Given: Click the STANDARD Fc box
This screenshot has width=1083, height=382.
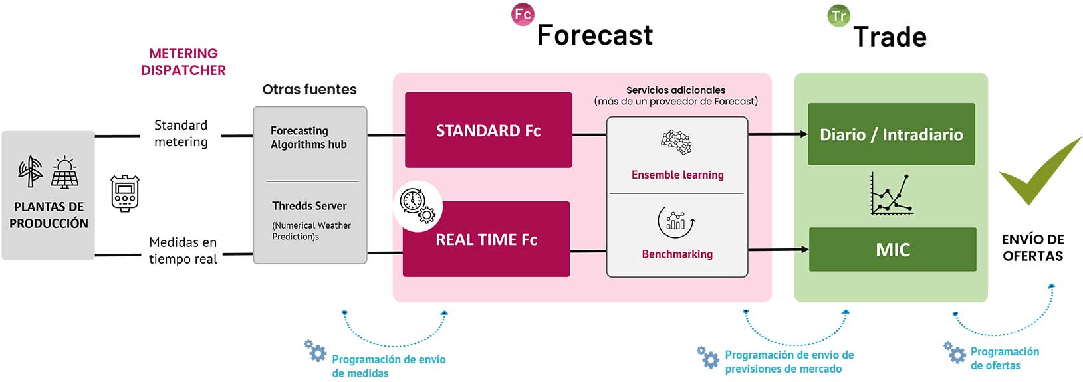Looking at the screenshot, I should point(488,130).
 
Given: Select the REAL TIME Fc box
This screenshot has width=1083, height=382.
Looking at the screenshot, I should point(486,239).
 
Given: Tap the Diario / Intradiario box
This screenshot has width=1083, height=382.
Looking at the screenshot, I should point(891,134).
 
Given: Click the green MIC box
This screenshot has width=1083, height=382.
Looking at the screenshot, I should point(892,250).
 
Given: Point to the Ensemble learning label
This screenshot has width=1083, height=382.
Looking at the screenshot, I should point(677,175).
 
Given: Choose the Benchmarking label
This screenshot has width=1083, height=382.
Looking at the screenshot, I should point(677,254).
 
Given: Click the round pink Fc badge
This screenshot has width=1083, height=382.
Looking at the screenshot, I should point(523,14).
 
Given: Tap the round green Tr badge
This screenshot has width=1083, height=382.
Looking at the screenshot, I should point(838,15).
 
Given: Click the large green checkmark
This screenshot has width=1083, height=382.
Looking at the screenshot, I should point(1038,171).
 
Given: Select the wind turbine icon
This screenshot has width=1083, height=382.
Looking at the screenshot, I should point(30,171).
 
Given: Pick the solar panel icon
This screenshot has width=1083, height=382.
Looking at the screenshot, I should point(64,173).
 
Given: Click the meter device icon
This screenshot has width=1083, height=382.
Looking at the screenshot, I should point(124,193).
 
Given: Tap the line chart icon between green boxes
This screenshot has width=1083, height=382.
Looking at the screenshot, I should point(891,195).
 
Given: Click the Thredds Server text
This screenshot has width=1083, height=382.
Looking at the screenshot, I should point(309,206).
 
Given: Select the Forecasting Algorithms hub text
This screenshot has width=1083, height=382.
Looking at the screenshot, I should point(308,138).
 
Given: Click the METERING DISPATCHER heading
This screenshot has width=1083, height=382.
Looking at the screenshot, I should point(183,62).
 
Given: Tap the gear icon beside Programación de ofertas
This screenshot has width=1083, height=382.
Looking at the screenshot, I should point(955,352).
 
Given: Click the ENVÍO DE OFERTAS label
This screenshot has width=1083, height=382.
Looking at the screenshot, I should point(1032,247).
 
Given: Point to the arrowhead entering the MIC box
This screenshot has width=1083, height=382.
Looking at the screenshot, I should point(804,250).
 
